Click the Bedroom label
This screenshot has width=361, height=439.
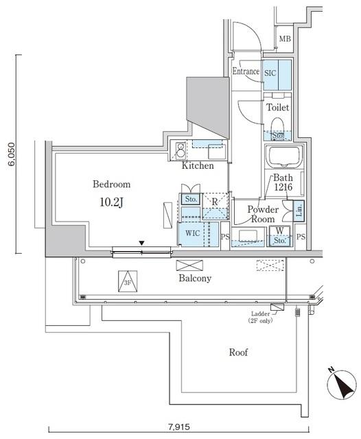pyautogui.click(x=111, y=185)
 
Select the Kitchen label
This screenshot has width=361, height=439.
pyautogui.click(x=197, y=166)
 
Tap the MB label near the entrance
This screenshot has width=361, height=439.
pyautogui.click(x=284, y=39)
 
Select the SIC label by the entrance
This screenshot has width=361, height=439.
pyautogui.click(x=270, y=72)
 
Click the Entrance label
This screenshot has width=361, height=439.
pyautogui.click(x=245, y=71)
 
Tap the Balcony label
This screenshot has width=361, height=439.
pyautogui.click(x=195, y=278)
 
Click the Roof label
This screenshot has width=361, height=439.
pyautogui.click(x=238, y=353)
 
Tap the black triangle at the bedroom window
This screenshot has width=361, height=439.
pyautogui.click(x=142, y=244)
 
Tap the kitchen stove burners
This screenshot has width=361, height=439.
pyautogui.click(x=180, y=149)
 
